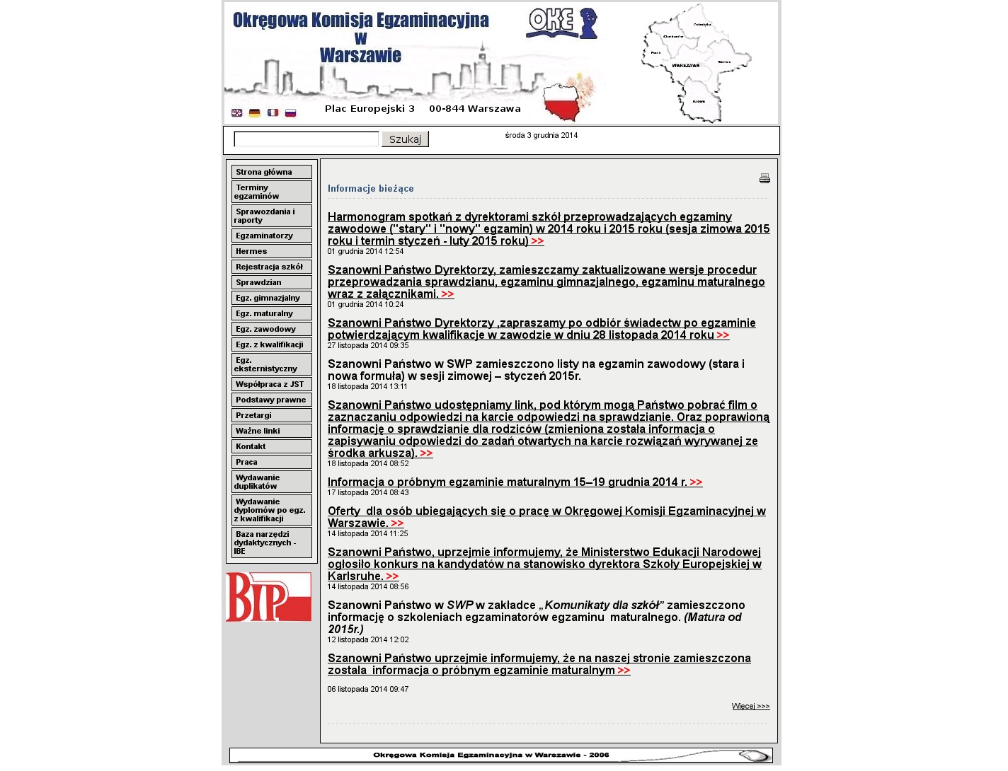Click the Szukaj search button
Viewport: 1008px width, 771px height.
click(x=405, y=139)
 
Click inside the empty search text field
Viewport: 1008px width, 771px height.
click(x=306, y=139)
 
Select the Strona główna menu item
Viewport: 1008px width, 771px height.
click(x=271, y=172)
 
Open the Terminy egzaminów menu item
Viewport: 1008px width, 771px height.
click(x=271, y=192)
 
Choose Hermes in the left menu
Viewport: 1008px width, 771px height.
click(x=271, y=251)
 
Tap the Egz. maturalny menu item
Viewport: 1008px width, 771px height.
click(x=271, y=313)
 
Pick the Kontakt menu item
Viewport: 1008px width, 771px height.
click(x=271, y=446)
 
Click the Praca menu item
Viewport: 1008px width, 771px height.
click(x=271, y=462)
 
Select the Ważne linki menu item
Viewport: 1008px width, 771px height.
click(x=271, y=431)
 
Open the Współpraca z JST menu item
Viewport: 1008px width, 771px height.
click(x=271, y=384)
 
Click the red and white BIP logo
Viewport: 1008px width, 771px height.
click(x=268, y=597)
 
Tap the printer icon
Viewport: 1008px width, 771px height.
click(x=764, y=178)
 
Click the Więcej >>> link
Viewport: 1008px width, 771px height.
click(x=750, y=706)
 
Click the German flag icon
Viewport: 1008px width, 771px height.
click(x=255, y=112)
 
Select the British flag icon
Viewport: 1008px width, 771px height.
click(x=237, y=112)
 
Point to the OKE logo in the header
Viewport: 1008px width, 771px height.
click(x=561, y=23)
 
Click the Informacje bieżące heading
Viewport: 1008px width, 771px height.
click(x=370, y=188)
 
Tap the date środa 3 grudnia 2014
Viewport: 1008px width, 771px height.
click(x=541, y=135)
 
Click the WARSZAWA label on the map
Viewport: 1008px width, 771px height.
click(x=685, y=66)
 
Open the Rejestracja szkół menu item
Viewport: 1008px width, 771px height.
click(x=271, y=267)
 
